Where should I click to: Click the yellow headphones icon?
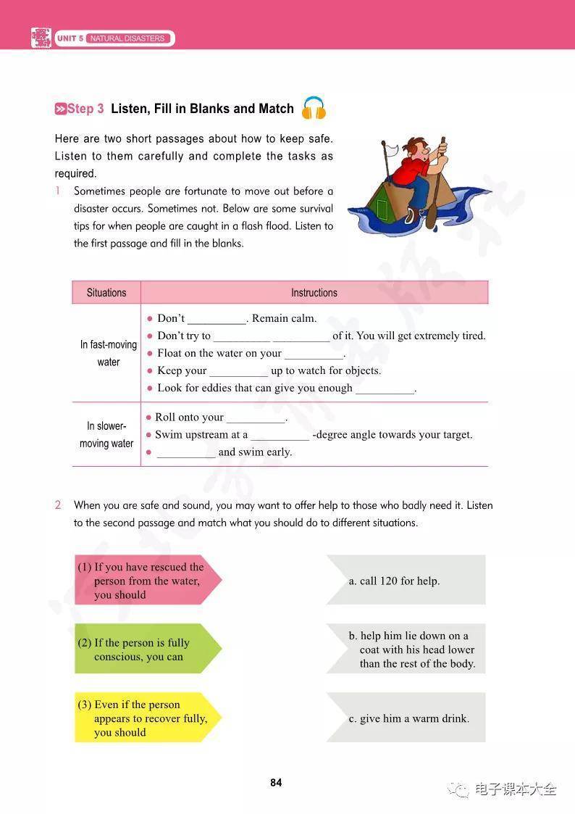coord(314,109)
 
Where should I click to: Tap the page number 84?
coord(276,783)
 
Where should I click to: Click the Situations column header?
coord(106,293)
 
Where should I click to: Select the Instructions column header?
coord(314,293)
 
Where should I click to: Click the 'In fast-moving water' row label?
coord(108,353)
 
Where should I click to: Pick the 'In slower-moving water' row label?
coord(106,435)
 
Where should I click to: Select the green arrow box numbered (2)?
coord(145,649)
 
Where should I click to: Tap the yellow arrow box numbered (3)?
coord(146,718)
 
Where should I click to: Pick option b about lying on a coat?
coord(410,649)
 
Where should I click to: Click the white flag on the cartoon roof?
coord(392,150)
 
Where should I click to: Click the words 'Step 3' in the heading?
coord(85,109)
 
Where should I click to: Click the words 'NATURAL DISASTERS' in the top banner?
coord(127,38)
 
